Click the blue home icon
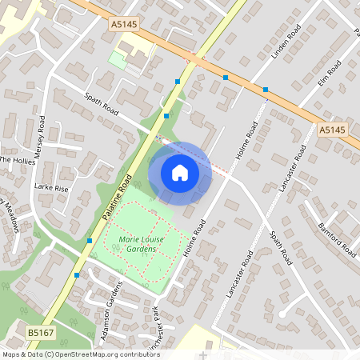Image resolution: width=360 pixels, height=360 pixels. click(x=180, y=172)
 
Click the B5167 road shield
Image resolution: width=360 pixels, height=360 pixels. click(x=39, y=331)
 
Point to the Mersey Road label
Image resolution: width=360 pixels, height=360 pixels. click(x=41, y=141)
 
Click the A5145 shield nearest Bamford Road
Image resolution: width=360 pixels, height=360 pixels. click(x=331, y=129)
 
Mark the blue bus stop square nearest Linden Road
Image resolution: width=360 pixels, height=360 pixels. click(x=265, y=89)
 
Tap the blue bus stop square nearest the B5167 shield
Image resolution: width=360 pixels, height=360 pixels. click(x=77, y=275)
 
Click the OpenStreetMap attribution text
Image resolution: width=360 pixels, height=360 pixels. click(x=80, y=354)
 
